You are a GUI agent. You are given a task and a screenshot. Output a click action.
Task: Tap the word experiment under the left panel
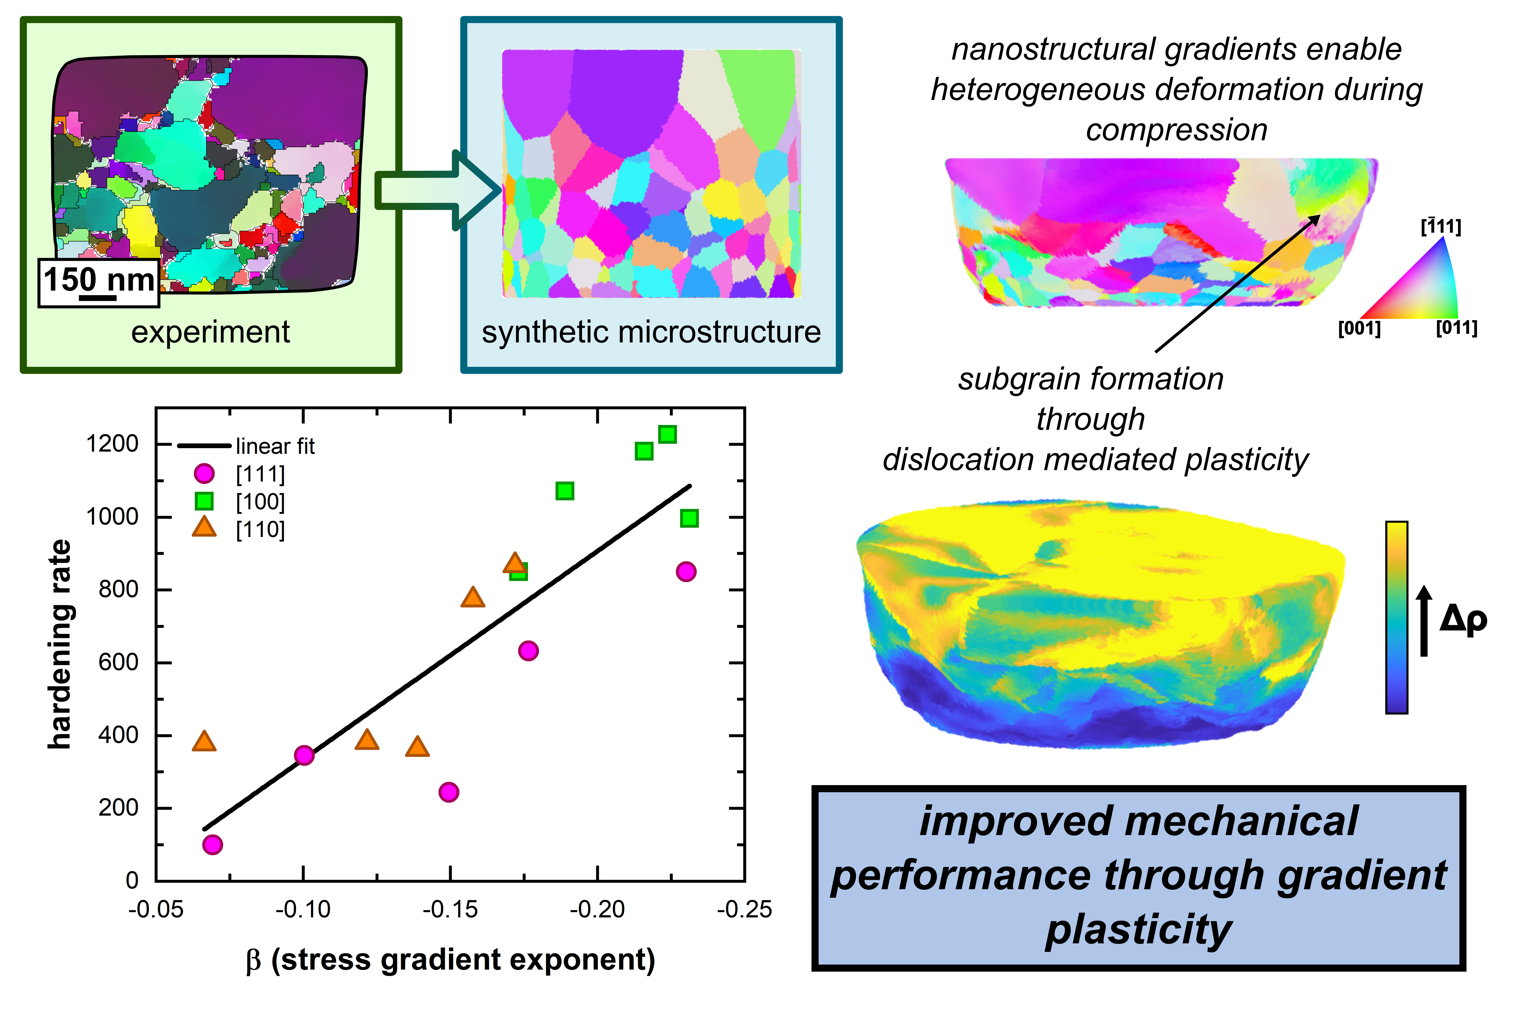210,333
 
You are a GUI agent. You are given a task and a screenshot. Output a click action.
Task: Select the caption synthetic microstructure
651,333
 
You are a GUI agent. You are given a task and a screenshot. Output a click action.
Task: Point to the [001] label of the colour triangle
1359,329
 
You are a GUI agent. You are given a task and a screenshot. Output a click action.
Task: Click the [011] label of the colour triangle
1457,329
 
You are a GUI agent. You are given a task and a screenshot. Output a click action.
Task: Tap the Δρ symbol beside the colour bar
1464,619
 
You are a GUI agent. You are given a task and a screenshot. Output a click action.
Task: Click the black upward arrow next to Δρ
1424,621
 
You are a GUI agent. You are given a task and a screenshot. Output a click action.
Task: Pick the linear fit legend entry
274,446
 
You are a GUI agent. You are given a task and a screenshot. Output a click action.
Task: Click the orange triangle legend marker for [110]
204,528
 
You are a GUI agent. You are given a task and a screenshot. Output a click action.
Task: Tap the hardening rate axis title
60,645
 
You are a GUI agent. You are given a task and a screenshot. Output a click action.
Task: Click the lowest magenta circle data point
212,845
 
